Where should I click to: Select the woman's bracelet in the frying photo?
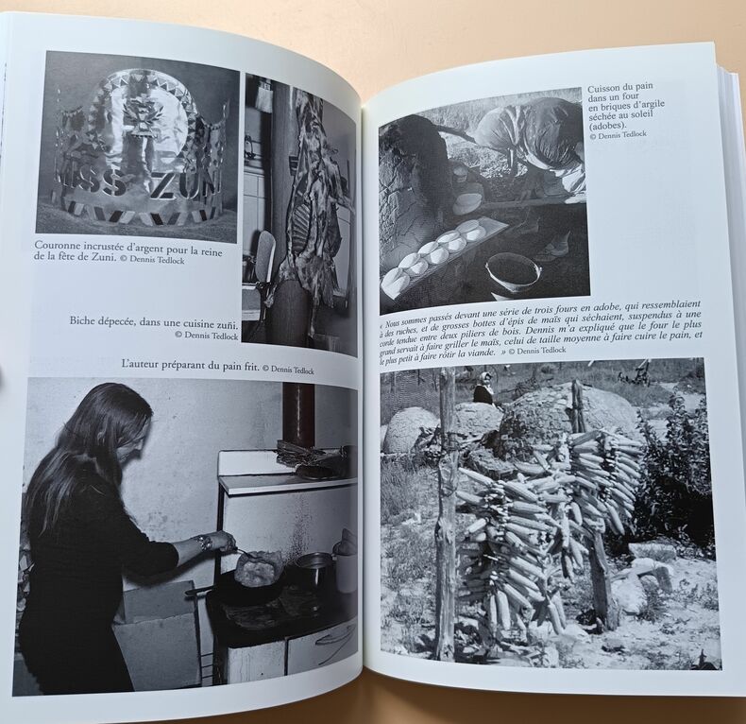pyautogui.click(x=207, y=543)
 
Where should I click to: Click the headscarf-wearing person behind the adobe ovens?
pyautogui.click(x=483, y=388)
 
